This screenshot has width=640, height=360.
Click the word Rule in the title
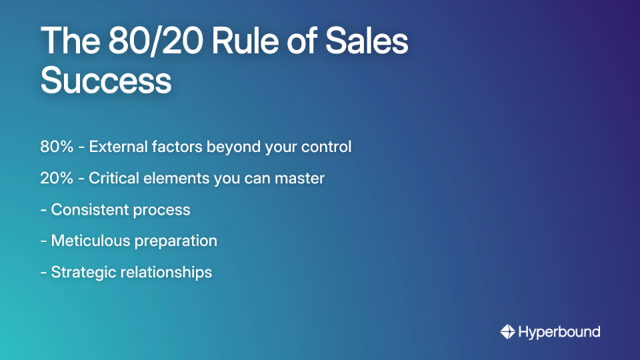[x=238, y=41]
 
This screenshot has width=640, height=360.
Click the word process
[x=163, y=210]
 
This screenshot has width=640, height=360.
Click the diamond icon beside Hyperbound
[x=507, y=331]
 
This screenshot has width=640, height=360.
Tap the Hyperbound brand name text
[x=559, y=331]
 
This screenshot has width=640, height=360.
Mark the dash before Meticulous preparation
[x=43, y=241]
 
